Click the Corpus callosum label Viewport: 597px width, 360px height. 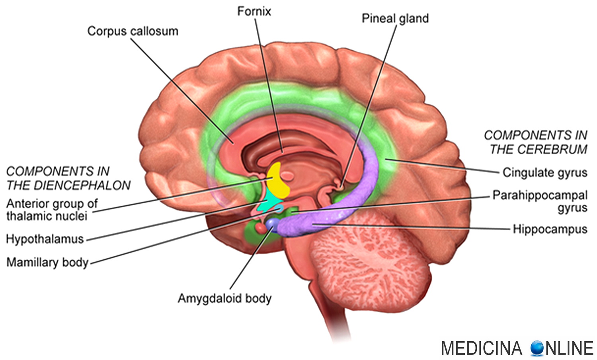point(133,31)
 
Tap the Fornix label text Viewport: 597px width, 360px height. point(254,11)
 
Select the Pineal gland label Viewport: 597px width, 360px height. point(395,18)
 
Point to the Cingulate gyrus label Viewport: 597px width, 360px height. point(544,172)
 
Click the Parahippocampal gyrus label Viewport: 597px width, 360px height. point(540,201)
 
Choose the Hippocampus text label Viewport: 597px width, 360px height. point(550,229)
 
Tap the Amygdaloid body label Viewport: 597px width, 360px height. point(224,298)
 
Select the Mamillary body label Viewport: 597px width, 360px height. point(47,262)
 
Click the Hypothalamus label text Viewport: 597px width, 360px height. point(45,239)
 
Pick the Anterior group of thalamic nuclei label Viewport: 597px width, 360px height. point(51,210)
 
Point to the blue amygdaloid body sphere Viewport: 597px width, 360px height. point(273,223)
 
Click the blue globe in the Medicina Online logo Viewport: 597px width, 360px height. point(537,348)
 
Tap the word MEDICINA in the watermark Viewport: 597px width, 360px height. point(481,348)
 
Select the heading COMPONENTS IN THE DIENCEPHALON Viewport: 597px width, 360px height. point(68,178)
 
